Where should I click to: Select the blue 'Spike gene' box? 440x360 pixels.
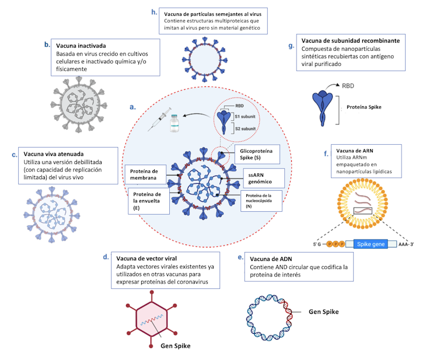pos(371,244)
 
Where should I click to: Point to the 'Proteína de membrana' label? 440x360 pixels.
pos(142,174)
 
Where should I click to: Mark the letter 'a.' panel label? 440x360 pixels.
pos(132,107)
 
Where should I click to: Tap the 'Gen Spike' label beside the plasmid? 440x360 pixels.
pos(323,312)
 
